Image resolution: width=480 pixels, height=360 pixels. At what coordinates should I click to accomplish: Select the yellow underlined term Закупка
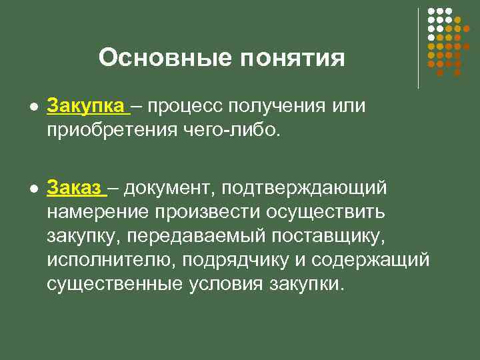pyautogui.click(x=85, y=106)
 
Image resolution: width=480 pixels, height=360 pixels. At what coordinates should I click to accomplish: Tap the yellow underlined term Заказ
pyautogui.click(x=75, y=188)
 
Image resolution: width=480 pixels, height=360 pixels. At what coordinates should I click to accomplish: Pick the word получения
pyautogui.click(x=280, y=107)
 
